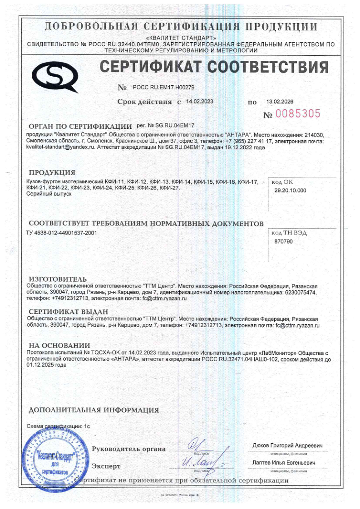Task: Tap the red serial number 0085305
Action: click(298, 113)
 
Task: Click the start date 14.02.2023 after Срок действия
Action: click(200, 102)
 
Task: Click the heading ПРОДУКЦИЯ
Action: click(52, 172)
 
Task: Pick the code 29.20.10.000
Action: click(291, 191)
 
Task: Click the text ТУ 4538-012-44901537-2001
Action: click(62, 233)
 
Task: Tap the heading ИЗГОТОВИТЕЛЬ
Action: click(58, 279)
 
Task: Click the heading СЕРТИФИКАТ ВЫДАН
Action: click(68, 312)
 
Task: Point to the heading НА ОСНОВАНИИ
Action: click(59, 345)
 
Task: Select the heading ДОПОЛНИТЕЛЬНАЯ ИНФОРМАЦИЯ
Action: click(94, 410)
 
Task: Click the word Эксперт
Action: click(106, 466)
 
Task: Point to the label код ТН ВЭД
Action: click(289, 233)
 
